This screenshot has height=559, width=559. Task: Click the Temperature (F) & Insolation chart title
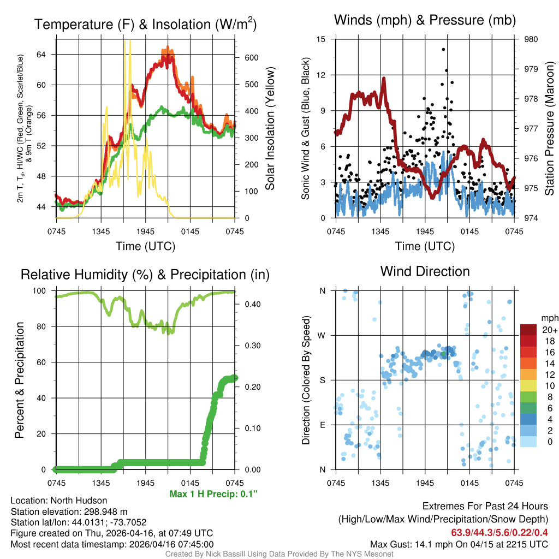145,24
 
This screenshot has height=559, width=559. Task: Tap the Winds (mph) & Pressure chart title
425,20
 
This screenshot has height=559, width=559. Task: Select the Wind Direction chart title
425,271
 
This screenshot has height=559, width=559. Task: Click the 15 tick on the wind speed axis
321,39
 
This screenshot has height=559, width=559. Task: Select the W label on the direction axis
323,336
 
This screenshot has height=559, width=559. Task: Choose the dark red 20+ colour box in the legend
529,329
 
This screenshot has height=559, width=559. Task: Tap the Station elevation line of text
69,512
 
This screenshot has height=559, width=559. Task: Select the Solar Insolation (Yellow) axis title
270,129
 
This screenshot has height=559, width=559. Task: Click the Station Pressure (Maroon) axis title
550,129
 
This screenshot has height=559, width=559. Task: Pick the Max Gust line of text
459,544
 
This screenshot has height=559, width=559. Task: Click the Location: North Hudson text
59,501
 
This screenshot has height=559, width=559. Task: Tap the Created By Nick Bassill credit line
279,554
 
